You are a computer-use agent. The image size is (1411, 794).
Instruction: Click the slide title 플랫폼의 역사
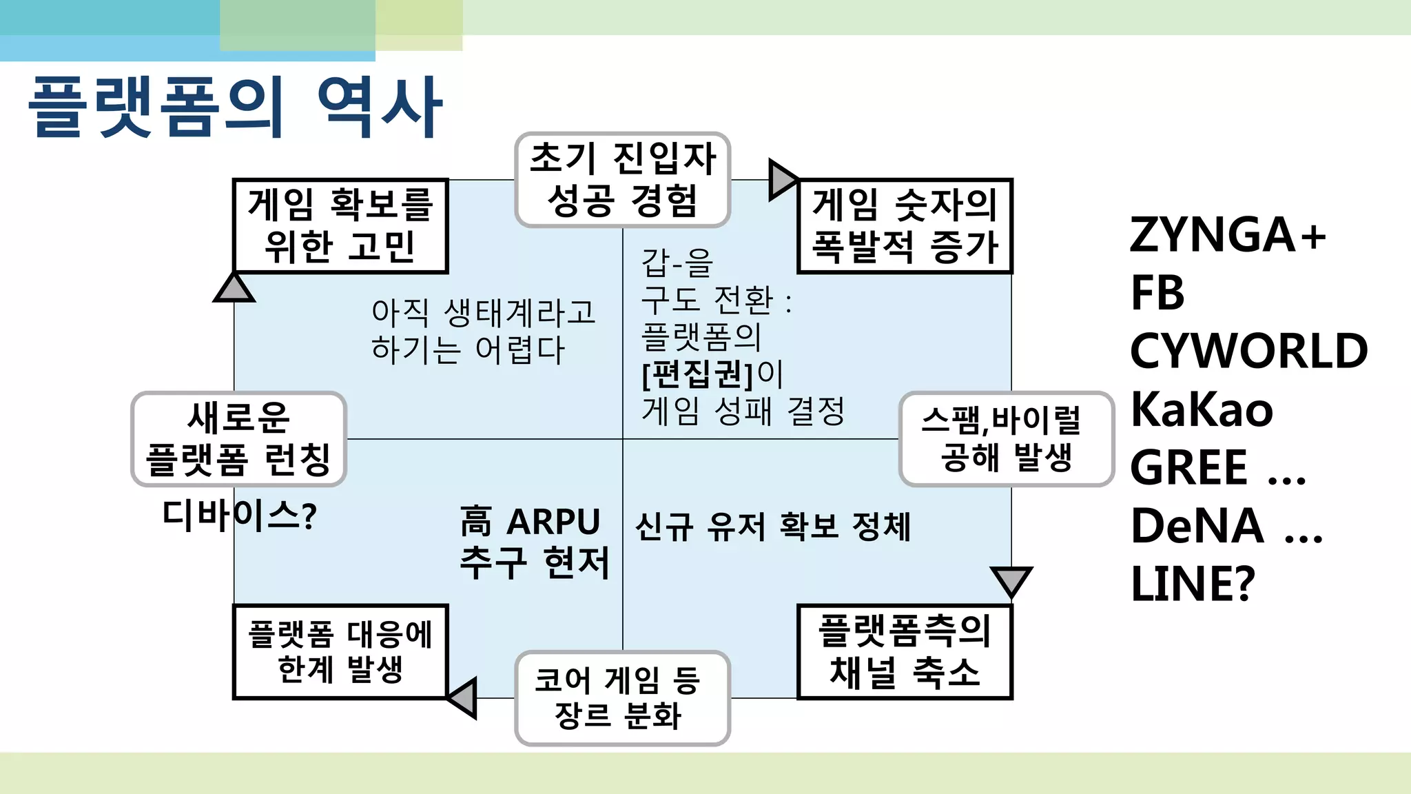[x=234, y=107]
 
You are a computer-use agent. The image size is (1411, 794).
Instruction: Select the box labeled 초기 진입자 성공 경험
[x=622, y=180]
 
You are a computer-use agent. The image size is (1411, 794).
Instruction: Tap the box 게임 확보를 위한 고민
[x=340, y=226]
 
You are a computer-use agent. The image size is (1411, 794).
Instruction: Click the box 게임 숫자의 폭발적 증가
[x=905, y=226]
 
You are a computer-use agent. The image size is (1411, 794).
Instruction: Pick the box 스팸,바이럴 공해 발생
[x=1006, y=439]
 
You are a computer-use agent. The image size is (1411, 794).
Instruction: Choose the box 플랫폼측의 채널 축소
[x=905, y=652]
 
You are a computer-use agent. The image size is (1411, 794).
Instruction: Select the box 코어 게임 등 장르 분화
[x=622, y=698]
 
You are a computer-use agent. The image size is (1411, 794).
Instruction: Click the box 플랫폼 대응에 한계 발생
[x=340, y=652]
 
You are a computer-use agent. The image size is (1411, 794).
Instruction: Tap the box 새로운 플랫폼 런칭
[x=238, y=439]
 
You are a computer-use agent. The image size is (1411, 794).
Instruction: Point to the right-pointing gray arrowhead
[x=781, y=180]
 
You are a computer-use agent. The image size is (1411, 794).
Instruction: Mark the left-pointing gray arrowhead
[x=464, y=698]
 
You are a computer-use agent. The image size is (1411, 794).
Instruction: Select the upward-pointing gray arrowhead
[x=234, y=289]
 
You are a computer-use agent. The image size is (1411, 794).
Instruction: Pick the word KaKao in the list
[x=1202, y=409]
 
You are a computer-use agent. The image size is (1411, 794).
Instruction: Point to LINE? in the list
[x=1193, y=584]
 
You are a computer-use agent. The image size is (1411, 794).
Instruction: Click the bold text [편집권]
[x=698, y=374]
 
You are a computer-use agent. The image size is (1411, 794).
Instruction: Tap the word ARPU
[x=553, y=522]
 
